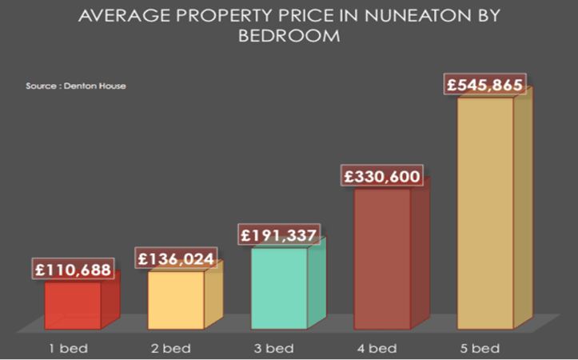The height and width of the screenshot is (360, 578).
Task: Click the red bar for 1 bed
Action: [73, 305]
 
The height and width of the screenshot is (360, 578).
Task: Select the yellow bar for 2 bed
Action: [176, 299]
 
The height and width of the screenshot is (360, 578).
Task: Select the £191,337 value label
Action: [280, 235]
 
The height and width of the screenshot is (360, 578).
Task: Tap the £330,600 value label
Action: [382, 176]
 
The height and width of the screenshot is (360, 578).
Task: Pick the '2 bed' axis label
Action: [171, 348]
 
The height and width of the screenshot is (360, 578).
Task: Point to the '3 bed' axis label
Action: [274, 348]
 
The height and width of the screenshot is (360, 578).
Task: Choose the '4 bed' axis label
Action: [377, 348]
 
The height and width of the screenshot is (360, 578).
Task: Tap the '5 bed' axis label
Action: [480, 348]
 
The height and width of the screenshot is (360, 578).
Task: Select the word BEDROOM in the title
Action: [289, 36]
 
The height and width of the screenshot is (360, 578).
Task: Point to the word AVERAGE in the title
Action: [114, 16]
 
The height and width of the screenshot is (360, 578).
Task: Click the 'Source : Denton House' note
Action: [76, 85]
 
